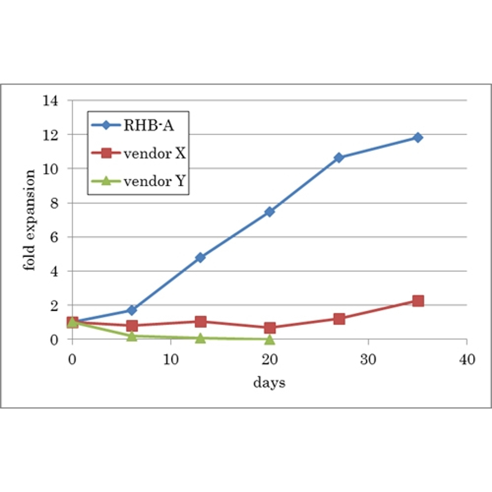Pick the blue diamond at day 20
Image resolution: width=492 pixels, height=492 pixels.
pos(270,212)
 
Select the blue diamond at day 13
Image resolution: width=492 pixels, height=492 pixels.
pos(200,257)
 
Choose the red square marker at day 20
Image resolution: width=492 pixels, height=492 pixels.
pos(270,328)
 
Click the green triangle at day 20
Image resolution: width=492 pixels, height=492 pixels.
pos(270,339)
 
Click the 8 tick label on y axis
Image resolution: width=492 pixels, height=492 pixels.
pos(54,203)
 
